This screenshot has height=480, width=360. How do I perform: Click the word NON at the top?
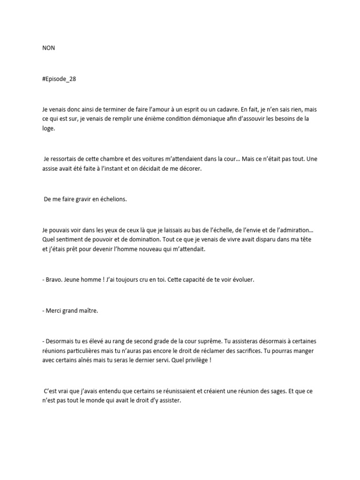point(48,48)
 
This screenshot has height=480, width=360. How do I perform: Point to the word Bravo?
point(55,279)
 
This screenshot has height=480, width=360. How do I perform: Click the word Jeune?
point(77,279)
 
